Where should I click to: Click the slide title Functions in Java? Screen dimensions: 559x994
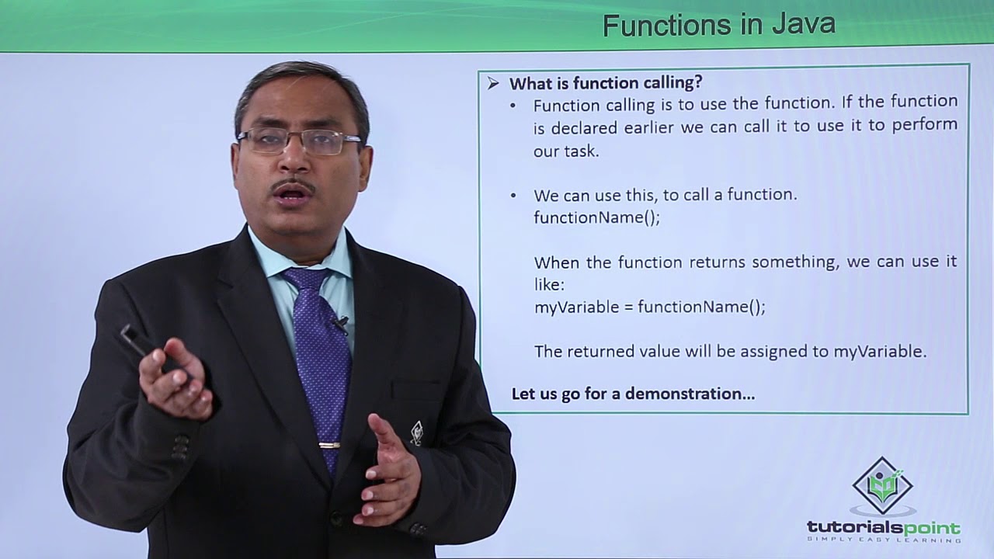click(718, 25)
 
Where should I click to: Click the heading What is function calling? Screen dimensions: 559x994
click(606, 82)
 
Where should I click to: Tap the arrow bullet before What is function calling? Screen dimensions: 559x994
click(493, 83)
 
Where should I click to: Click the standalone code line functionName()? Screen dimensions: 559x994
click(596, 217)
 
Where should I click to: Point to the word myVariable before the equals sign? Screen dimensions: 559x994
click(573, 307)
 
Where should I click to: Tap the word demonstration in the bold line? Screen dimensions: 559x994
click(690, 394)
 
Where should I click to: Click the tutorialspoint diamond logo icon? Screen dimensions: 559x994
click(882, 486)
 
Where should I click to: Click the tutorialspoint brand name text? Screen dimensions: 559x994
click(884, 528)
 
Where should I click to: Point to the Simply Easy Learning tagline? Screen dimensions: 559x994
click(884, 540)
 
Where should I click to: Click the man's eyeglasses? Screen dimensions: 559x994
click(299, 141)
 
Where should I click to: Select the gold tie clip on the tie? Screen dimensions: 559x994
click(329, 445)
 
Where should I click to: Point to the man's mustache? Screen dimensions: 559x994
click(294, 186)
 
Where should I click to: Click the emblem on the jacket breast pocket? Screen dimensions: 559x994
click(416, 432)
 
